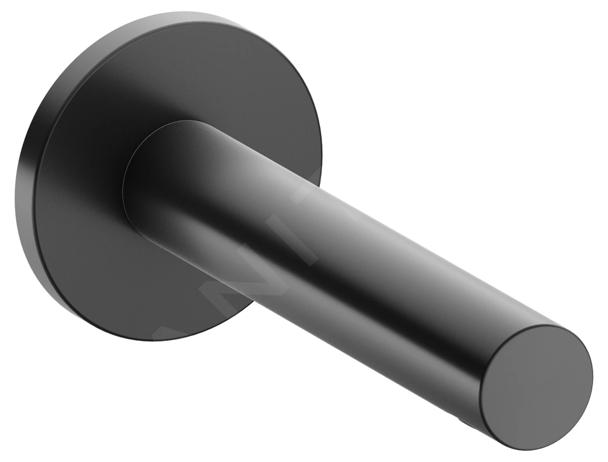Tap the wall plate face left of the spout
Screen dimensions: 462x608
[x=81, y=182]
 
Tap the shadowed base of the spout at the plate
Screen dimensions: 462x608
[x=170, y=227]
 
